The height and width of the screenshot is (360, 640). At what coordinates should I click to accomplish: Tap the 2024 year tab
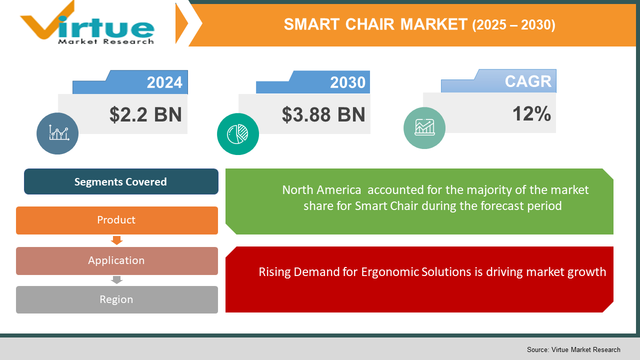164,82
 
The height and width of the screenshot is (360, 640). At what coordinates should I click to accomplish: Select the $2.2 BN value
145,114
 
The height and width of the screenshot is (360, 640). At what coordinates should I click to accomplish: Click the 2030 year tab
347,82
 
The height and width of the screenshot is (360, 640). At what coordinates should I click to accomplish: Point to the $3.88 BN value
323,114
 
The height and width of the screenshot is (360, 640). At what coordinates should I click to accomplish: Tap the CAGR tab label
527,81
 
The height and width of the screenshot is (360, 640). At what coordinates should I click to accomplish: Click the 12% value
531,114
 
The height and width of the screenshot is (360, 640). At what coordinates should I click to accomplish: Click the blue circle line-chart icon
57,133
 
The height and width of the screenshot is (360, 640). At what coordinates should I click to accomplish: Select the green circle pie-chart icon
238,133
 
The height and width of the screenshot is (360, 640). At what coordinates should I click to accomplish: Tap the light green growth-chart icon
424,128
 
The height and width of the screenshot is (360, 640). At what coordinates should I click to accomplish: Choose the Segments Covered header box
120,181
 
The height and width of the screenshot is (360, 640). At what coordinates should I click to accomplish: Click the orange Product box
116,220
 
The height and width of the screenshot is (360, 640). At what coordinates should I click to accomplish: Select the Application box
116,260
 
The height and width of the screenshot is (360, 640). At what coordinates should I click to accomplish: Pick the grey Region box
116,299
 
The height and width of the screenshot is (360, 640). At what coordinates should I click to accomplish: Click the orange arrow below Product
116,240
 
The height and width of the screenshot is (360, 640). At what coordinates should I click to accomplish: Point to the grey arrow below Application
116,280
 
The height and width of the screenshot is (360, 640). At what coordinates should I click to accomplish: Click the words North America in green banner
321,190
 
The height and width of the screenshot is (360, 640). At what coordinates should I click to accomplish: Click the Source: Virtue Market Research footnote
573,349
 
